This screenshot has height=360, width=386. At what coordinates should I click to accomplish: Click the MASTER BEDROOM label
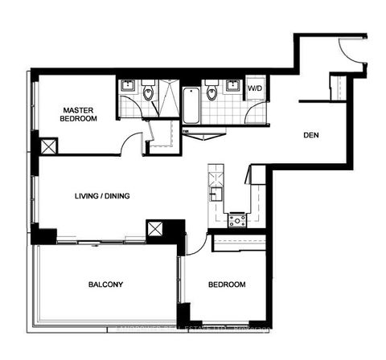pyautogui.click(x=80, y=113)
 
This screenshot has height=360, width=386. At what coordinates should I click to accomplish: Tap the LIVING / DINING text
pyautogui.click(x=102, y=195)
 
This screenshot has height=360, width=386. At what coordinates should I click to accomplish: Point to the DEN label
pyautogui.click(x=310, y=135)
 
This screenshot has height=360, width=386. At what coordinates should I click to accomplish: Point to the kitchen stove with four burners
pyautogui.click(x=237, y=220)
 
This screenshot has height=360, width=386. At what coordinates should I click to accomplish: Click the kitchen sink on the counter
pyautogui.click(x=214, y=193)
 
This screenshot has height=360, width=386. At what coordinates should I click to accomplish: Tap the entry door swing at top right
pyautogui.click(x=351, y=50)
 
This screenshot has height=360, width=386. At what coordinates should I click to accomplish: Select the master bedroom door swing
pyautogui.click(x=129, y=145)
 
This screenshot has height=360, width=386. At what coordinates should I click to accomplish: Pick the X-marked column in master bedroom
pyautogui.click(x=48, y=146)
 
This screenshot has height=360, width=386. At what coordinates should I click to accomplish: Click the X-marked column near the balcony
pyautogui.click(x=154, y=229)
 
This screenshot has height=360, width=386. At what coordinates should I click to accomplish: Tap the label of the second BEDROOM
pyautogui.click(x=227, y=284)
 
